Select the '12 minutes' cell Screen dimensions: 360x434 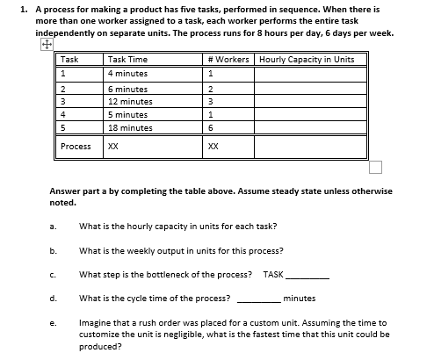pyautogui.click(x=129, y=101)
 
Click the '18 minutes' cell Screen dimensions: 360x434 pyautogui.click(x=129, y=127)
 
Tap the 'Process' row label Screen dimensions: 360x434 pyautogui.click(x=76, y=147)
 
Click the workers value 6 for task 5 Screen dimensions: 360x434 pyautogui.click(x=211, y=127)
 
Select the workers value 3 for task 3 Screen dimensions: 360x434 pyautogui.click(x=211, y=101)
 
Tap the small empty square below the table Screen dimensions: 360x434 pyautogui.click(x=376, y=167)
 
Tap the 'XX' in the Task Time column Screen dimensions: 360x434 pyautogui.click(x=112, y=147)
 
